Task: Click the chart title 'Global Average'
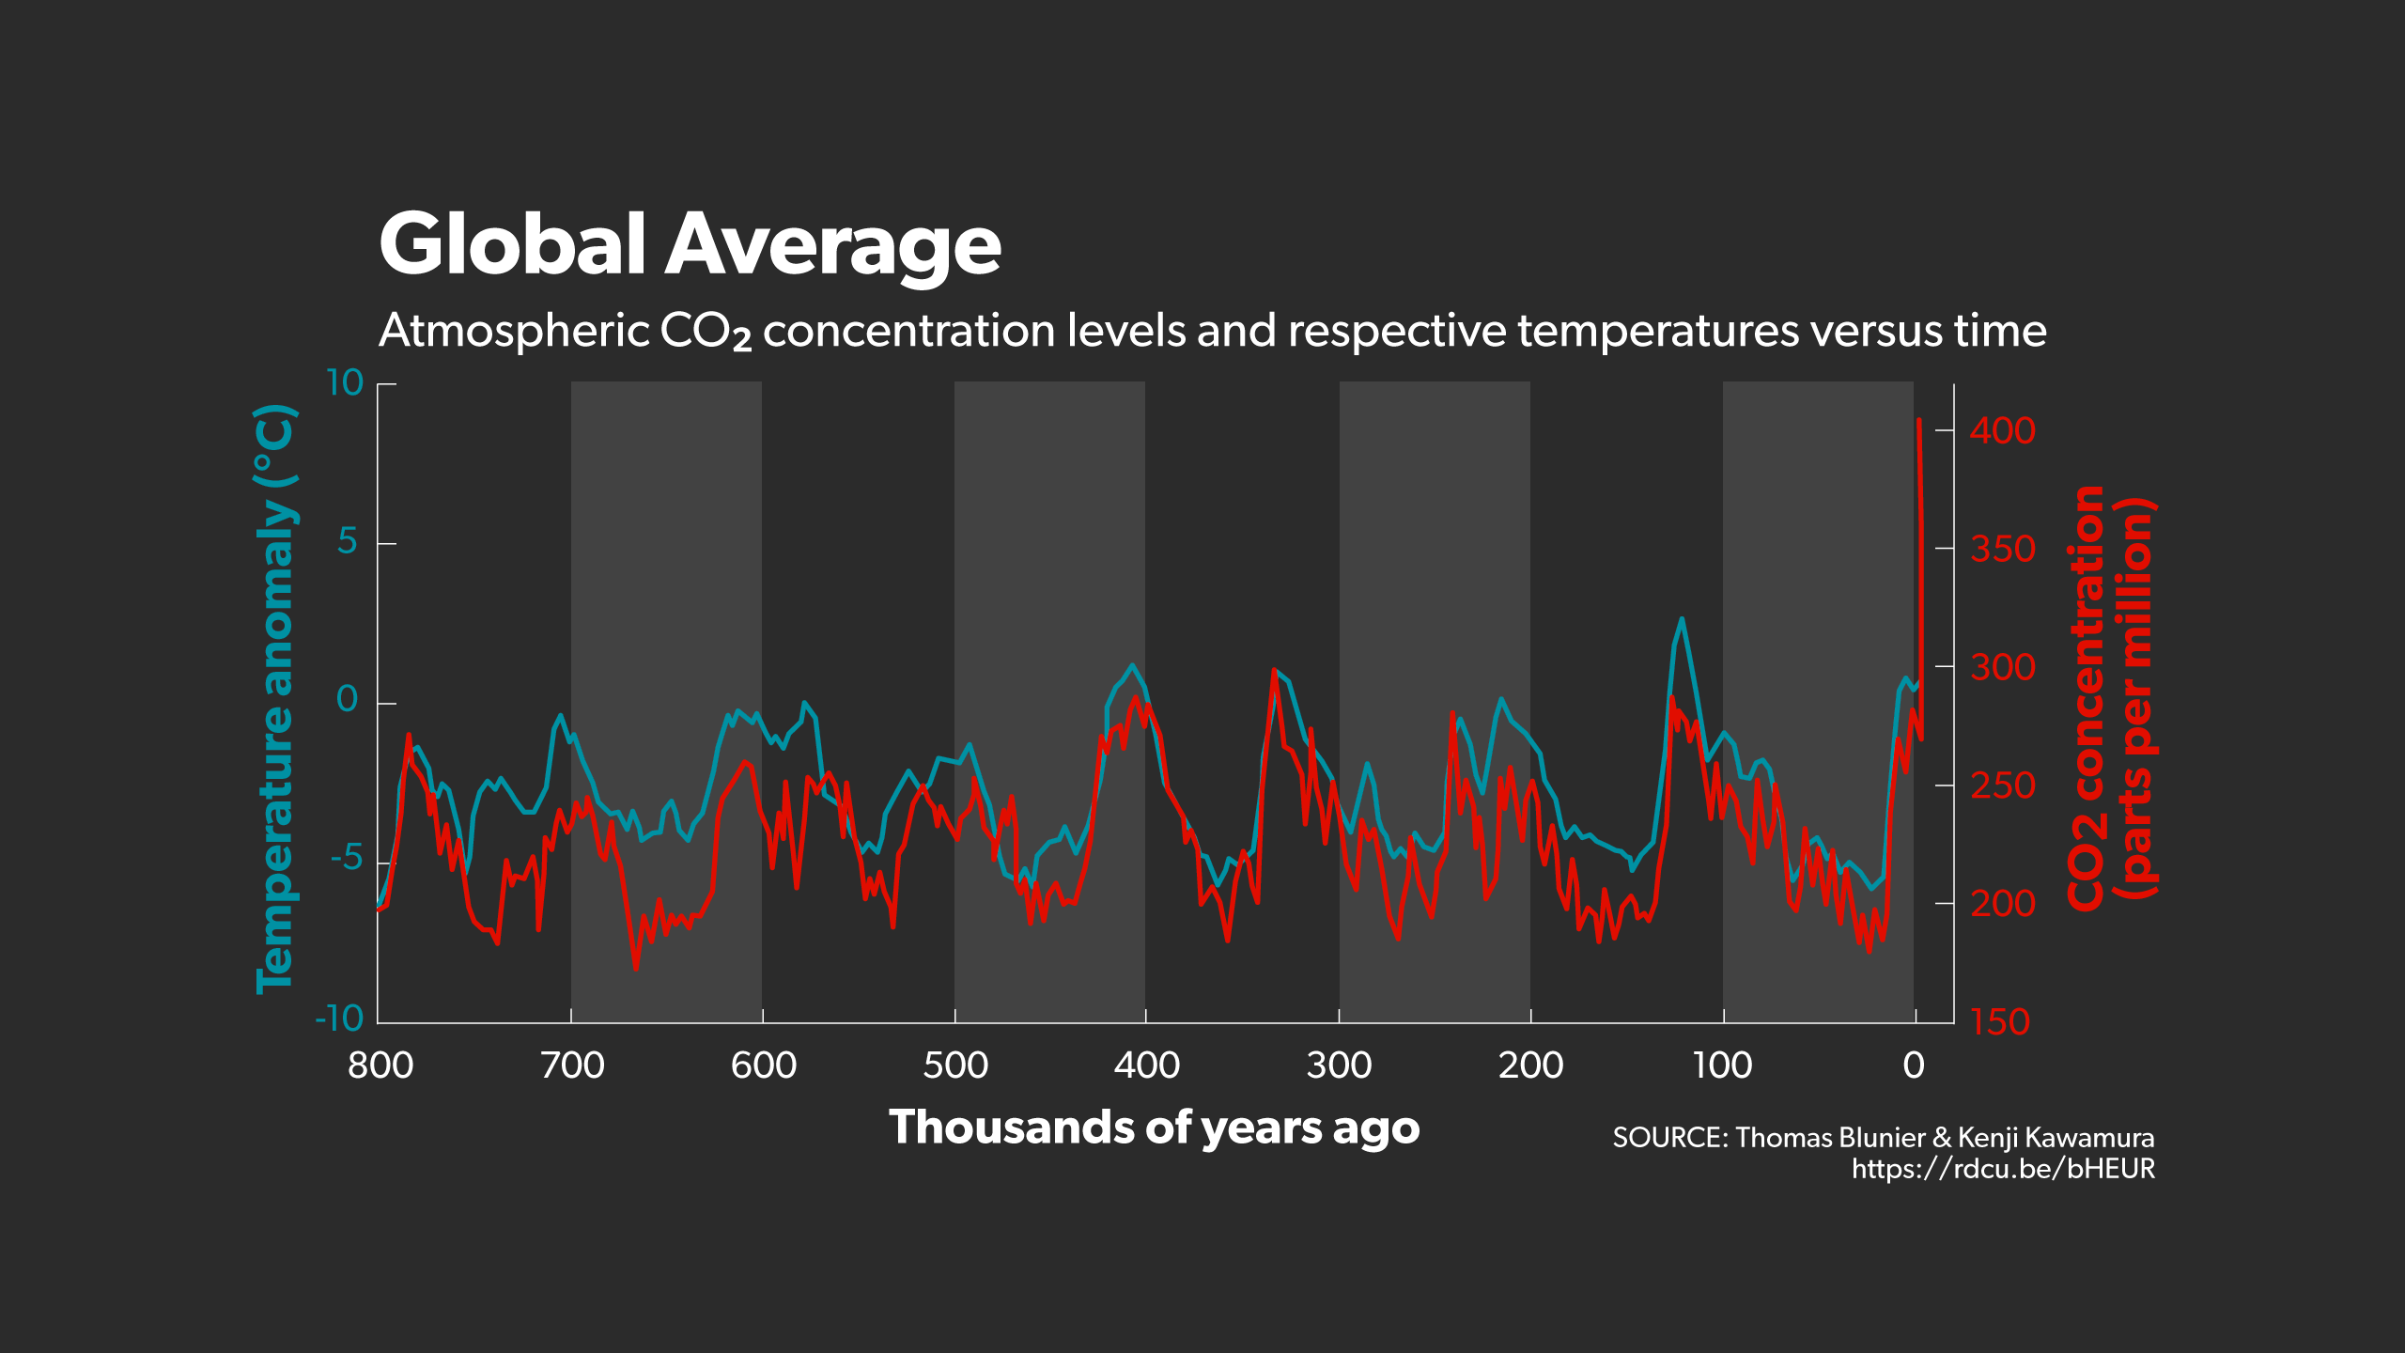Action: tap(690, 244)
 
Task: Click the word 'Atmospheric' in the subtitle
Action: tap(514, 331)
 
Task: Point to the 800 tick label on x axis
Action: tap(380, 1065)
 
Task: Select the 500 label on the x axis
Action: tap(955, 1065)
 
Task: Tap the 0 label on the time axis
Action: tap(1914, 1065)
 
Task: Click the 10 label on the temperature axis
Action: tap(344, 383)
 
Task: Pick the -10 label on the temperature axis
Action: tap(339, 1019)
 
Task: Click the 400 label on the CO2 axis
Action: tap(2002, 431)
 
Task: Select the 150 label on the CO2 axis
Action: tap(2000, 1022)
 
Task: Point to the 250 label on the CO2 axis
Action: tap(2002, 785)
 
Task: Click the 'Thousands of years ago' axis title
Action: tap(1154, 1127)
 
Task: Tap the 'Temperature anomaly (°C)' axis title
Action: tap(276, 699)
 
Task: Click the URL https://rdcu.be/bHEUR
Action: tap(2003, 1169)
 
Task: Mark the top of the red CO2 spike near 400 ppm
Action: tap(1918, 421)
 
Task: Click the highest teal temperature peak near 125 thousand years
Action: tap(1682, 619)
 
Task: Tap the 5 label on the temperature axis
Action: tap(347, 542)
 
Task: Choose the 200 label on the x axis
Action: tap(1530, 1065)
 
